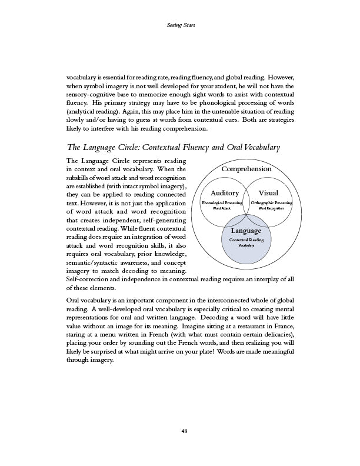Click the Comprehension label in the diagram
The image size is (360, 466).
[246, 169]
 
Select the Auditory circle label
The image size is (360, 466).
[225, 193]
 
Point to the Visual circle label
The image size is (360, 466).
[268, 193]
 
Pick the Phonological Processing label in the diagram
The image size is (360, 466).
[222, 202]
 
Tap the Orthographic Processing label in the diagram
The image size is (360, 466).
[271, 202]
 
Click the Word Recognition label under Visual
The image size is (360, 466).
[271, 209]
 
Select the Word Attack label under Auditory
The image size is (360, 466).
[222, 209]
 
